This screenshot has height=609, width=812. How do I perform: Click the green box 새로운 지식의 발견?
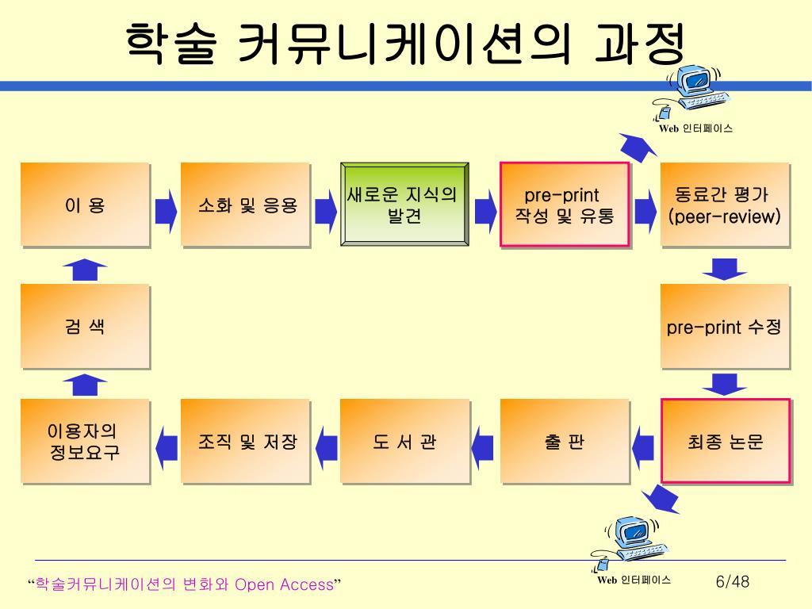(404, 205)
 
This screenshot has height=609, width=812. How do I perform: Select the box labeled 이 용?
(85, 205)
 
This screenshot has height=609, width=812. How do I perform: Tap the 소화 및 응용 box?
(245, 205)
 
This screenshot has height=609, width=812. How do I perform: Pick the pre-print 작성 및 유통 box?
(565, 205)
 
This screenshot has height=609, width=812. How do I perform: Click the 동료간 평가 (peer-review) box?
(725, 205)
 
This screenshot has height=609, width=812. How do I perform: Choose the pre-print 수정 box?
(725, 326)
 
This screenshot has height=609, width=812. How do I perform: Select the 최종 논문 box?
(725, 442)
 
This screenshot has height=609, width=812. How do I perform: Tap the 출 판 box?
(565, 442)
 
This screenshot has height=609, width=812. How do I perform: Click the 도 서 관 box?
(404, 442)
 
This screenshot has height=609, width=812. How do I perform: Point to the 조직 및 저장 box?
(245, 442)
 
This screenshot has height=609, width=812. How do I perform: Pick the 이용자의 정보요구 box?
(85, 442)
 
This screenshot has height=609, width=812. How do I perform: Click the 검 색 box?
(85, 326)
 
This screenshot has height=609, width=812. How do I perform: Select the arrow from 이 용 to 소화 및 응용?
(166, 208)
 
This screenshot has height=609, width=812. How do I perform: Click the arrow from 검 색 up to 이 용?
(85, 269)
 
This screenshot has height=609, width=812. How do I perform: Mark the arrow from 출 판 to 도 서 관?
(484, 443)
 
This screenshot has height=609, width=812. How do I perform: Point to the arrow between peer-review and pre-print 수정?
(725, 269)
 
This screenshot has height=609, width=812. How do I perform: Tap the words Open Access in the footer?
(284, 585)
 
